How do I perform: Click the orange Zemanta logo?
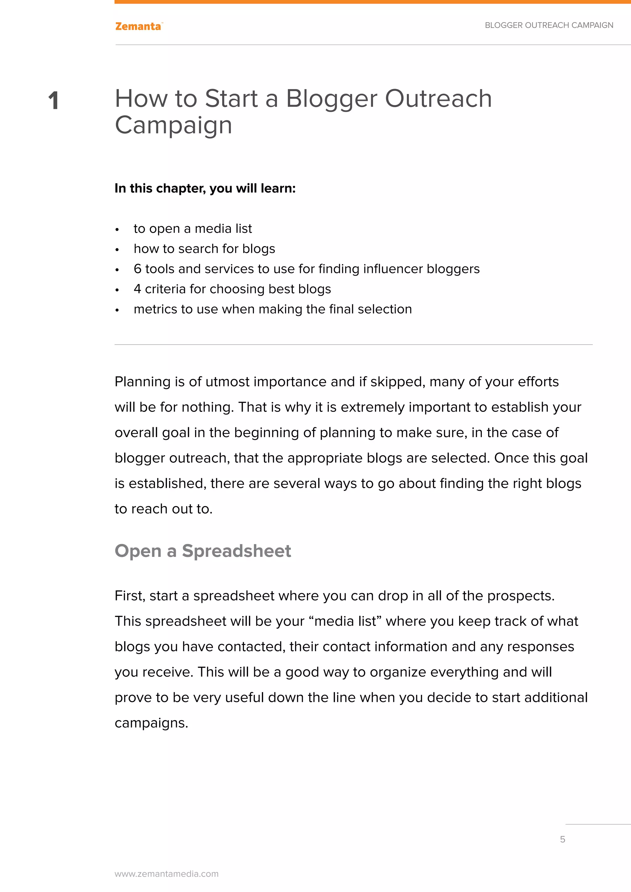(x=138, y=26)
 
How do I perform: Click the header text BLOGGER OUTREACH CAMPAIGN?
(x=549, y=25)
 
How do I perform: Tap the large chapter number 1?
(x=54, y=101)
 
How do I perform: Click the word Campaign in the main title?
(x=173, y=125)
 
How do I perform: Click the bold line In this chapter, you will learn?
(x=205, y=189)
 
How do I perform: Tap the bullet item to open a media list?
(x=192, y=229)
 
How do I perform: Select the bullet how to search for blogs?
(x=204, y=249)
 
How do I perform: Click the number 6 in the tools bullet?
(x=137, y=269)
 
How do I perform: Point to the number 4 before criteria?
(x=137, y=289)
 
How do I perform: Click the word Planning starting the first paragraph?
(x=142, y=382)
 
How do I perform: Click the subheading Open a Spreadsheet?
(x=202, y=551)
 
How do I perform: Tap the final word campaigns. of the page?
(x=151, y=723)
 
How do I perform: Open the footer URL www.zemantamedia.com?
(x=166, y=874)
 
